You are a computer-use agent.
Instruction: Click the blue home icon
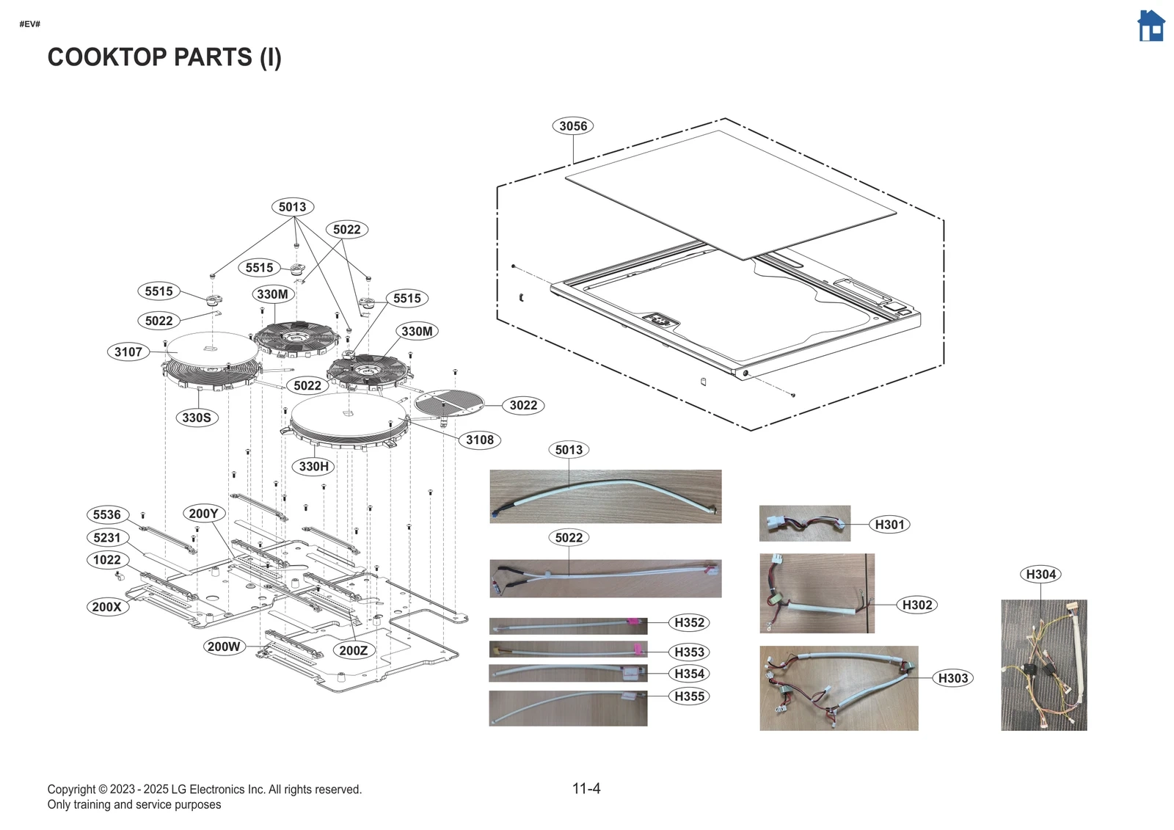coord(1151,26)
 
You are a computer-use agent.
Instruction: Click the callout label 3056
coord(572,125)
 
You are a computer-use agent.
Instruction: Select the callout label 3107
coord(128,352)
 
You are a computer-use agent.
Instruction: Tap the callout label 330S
coord(197,418)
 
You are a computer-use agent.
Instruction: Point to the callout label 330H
coord(314,466)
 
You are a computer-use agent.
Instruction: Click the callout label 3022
coord(523,405)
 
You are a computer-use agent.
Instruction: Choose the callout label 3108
coord(480,440)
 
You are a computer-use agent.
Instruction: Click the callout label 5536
coord(107,514)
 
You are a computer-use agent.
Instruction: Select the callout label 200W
coord(224,647)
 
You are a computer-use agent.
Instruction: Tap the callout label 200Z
coord(354,650)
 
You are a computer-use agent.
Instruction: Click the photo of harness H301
coord(804,523)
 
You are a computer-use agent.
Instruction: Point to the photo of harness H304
coord(1043,665)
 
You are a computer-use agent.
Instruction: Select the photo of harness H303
coord(838,688)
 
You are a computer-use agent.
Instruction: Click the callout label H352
coord(689,622)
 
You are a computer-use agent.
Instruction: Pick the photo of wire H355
coord(568,708)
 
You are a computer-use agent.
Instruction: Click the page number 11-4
coord(586,788)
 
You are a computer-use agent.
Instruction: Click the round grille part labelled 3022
coord(449,402)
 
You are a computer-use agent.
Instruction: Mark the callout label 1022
coord(107,560)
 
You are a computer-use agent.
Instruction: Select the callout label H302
coord(917,605)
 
